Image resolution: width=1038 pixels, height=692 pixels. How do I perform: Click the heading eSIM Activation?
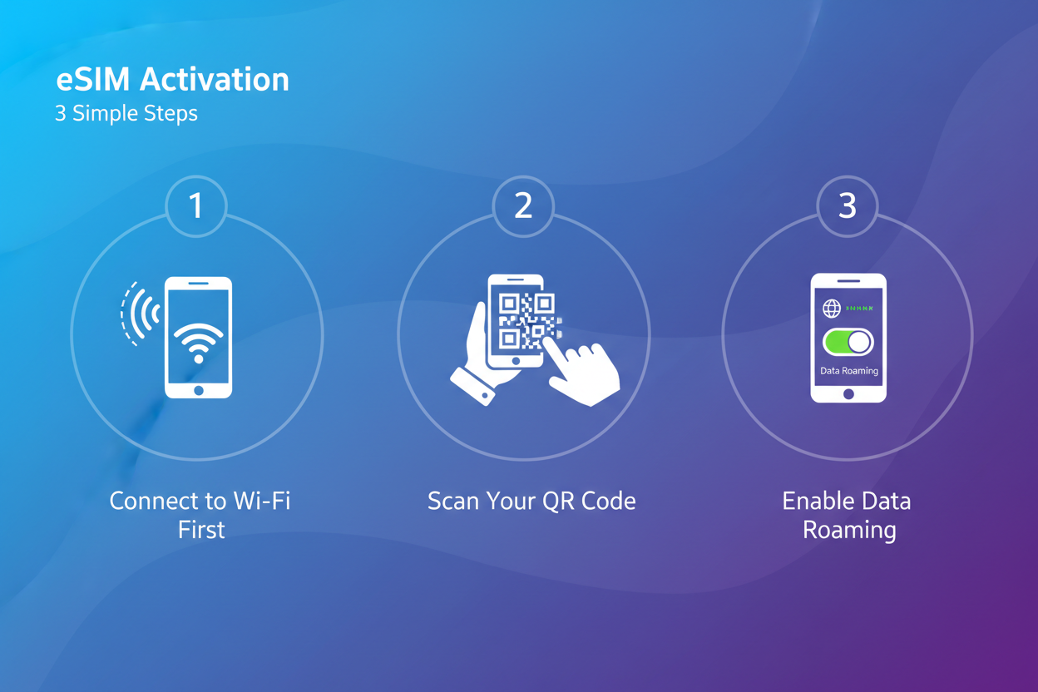tap(172, 80)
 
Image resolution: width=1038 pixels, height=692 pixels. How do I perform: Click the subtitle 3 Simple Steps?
tap(126, 113)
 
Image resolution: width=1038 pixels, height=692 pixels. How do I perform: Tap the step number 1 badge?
tap(196, 205)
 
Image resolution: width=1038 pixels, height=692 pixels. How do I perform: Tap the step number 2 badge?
tap(522, 205)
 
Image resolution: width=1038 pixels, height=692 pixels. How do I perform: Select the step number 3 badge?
tap(847, 205)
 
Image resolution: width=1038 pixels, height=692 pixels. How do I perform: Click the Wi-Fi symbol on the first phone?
tap(198, 342)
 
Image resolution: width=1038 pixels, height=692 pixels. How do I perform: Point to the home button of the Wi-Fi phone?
tap(198, 390)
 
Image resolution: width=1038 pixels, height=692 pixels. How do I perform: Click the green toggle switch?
tap(848, 342)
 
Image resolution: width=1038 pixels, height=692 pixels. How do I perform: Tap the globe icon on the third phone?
tap(831, 309)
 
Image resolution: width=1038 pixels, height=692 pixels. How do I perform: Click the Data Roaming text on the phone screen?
tap(848, 371)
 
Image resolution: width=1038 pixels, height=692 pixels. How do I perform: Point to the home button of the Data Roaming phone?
tap(848, 394)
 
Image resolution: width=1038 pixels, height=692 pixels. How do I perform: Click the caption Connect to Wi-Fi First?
tap(200, 515)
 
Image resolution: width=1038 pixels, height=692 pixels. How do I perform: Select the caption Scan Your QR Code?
tap(531, 501)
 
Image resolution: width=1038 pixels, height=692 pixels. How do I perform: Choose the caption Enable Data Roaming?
tap(847, 515)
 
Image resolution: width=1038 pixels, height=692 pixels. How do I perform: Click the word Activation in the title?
tap(215, 80)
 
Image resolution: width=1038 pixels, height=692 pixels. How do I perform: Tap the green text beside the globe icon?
tap(859, 309)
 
